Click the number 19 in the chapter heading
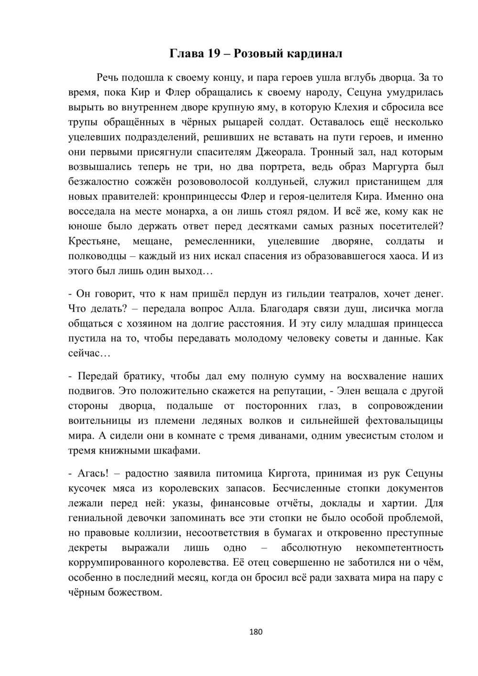(x=214, y=54)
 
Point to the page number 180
(x=256, y=632)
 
